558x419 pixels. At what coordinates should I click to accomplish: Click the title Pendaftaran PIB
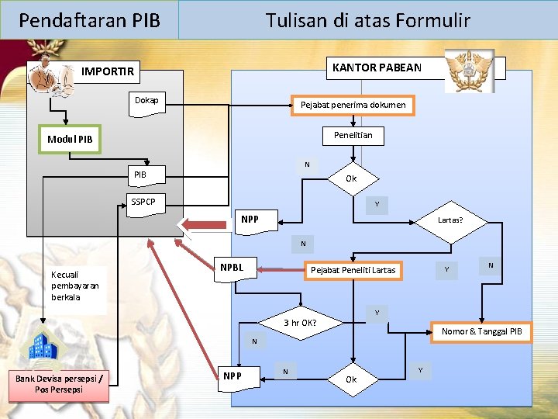[x=89, y=20]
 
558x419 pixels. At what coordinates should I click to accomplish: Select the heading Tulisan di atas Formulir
[x=367, y=20]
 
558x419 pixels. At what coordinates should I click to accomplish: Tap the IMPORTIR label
[x=108, y=72]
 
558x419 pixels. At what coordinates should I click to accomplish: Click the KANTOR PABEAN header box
[x=377, y=68]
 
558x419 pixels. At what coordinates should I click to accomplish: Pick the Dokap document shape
[x=147, y=102]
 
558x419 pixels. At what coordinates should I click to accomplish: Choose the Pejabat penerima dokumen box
[x=353, y=105]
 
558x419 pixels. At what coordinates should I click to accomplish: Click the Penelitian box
[x=353, y=136]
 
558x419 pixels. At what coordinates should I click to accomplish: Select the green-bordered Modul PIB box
[x=70, y=140]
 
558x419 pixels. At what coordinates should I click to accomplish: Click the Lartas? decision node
[x=449, y=220]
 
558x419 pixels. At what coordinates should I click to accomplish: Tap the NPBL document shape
[x=232, y=268]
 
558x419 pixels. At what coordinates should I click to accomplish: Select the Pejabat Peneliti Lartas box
[x=353, y=270]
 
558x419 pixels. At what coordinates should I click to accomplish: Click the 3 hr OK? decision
[x=300, y=322]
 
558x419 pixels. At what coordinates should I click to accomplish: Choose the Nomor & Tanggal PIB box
[x=481, y=332]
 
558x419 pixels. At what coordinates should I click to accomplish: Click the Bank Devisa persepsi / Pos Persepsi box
[x=58, y=383]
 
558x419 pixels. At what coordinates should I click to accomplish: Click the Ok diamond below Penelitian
[x=351, y=178]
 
